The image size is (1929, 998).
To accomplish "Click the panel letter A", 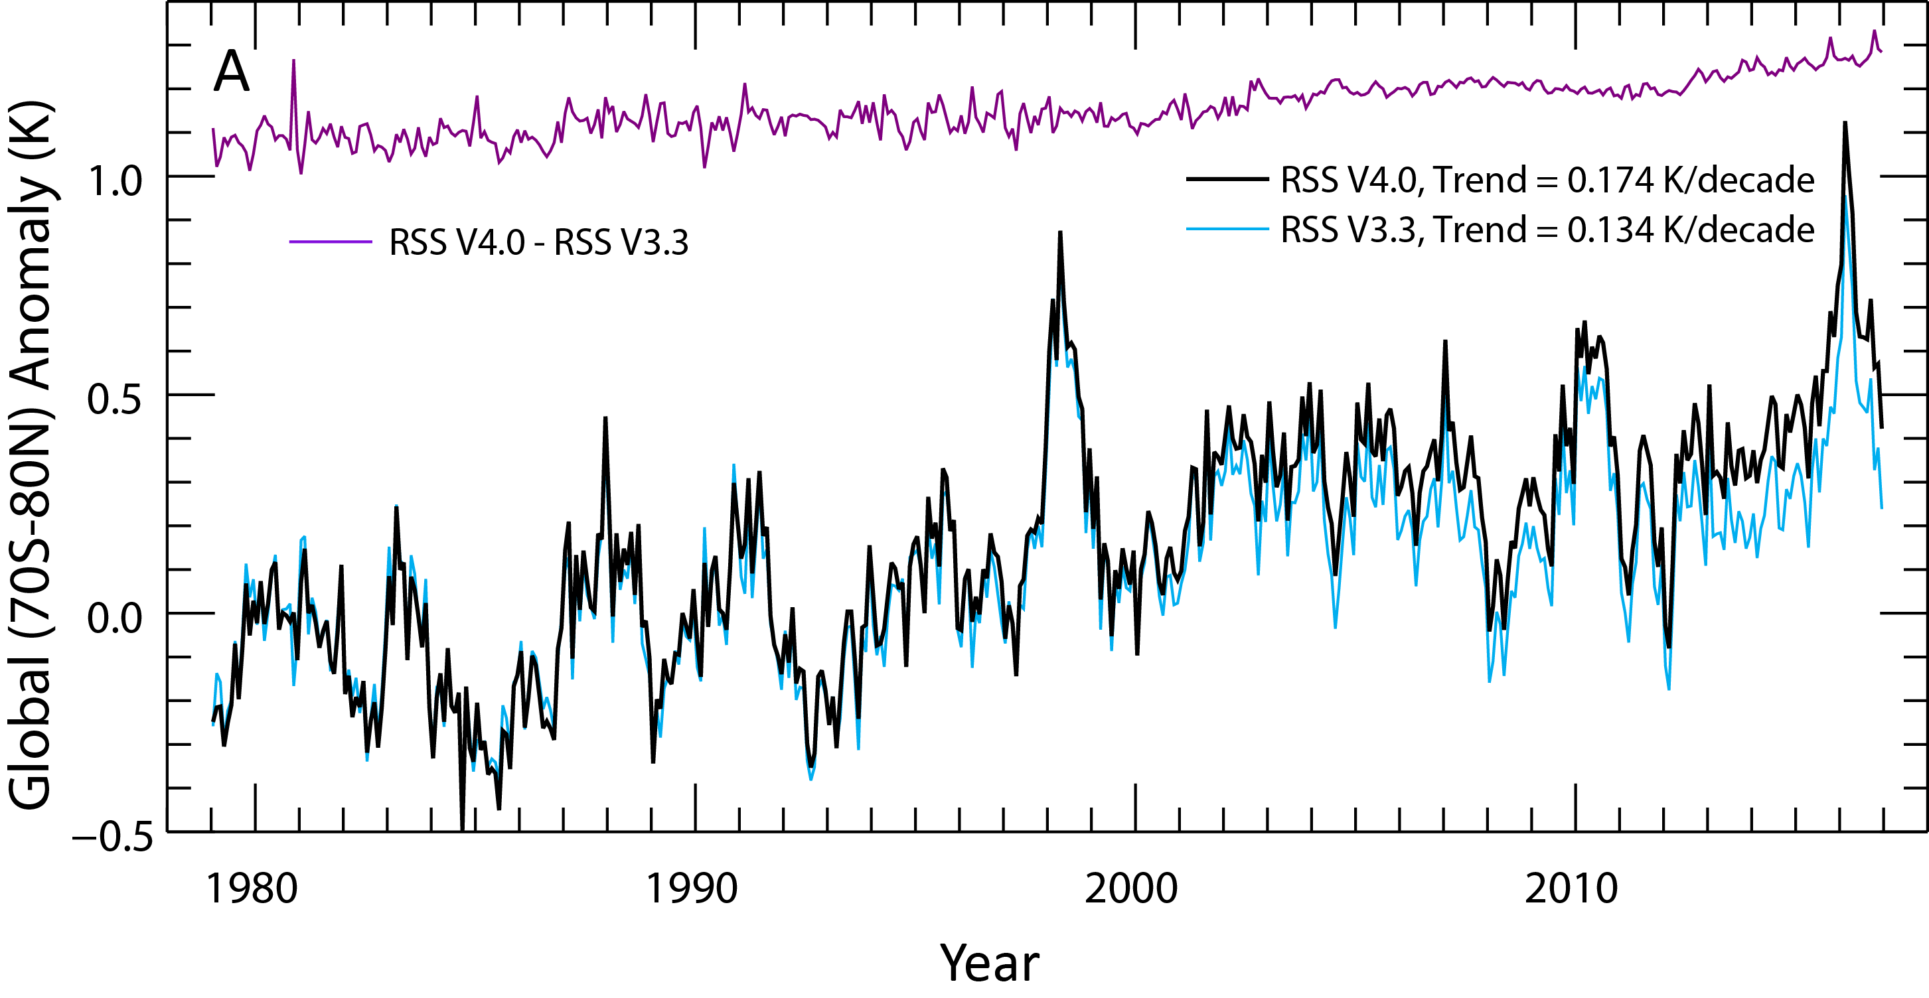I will (232, 72).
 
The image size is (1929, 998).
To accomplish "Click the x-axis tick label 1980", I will (252, 889).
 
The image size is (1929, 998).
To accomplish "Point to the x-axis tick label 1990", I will (691, 889).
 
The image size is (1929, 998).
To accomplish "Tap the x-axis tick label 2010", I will (1572, 889).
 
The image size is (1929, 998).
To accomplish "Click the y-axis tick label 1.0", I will (115, 182).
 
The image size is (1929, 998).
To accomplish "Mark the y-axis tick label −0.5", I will (112, 837).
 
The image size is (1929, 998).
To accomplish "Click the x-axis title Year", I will (989, 963).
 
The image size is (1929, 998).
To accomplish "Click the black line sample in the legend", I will (1227, 180).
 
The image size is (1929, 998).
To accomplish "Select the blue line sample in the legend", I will (1227, 229).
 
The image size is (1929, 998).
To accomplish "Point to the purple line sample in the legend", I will (330, 242).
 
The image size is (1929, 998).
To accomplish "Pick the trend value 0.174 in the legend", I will (1610, 180).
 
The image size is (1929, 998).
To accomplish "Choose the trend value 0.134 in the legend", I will (1610, 230).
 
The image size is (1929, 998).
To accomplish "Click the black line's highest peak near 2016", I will (1845, 123).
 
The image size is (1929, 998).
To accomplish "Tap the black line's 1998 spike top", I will (1060, 233).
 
